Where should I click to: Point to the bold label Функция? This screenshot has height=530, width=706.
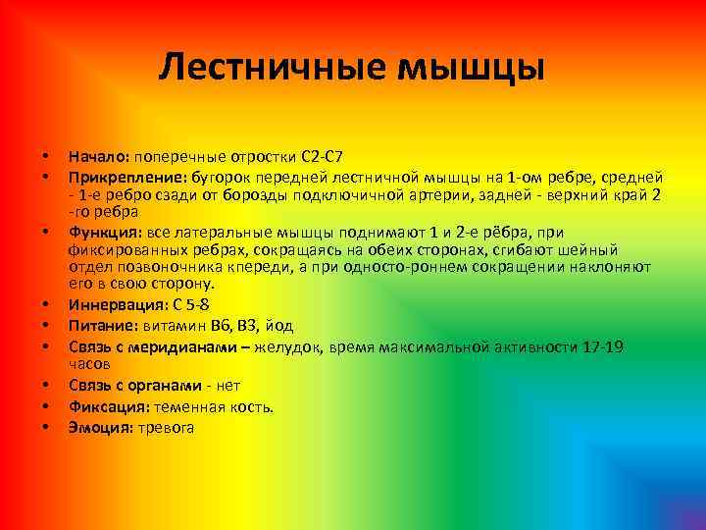pos(105,233)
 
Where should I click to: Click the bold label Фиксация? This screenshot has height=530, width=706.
pos(107,406)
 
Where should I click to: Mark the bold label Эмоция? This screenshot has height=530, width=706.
pos(99,427)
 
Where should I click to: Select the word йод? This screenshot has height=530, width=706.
pos(279,326)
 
